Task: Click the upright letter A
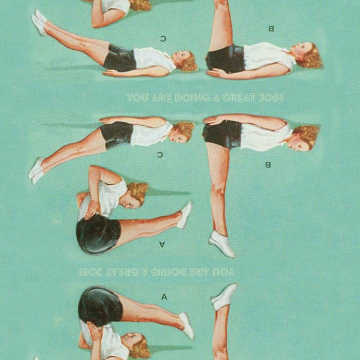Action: click(164, 297)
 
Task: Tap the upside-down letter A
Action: click(162, 244)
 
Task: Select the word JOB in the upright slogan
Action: click(268, 98)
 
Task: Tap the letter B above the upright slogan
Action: click(271, 28)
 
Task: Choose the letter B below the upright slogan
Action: click(268, 164)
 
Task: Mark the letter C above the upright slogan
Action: click(163, 38)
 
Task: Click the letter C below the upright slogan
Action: click(160, 155)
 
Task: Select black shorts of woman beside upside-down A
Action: click(98, 234)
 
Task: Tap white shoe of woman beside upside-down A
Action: click(184, 214)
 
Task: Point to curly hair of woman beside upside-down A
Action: click(138, 192)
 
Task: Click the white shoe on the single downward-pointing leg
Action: click(222, 244)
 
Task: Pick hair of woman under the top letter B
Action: click(310, 56)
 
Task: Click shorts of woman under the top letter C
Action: click(120, 58)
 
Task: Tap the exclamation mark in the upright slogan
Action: click(281, 98)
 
